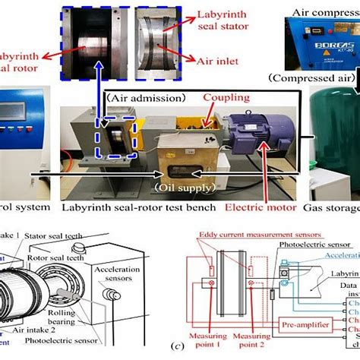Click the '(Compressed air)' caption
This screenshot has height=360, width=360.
(x=312, y=77)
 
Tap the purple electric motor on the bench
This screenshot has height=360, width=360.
(x=259, y=144)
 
